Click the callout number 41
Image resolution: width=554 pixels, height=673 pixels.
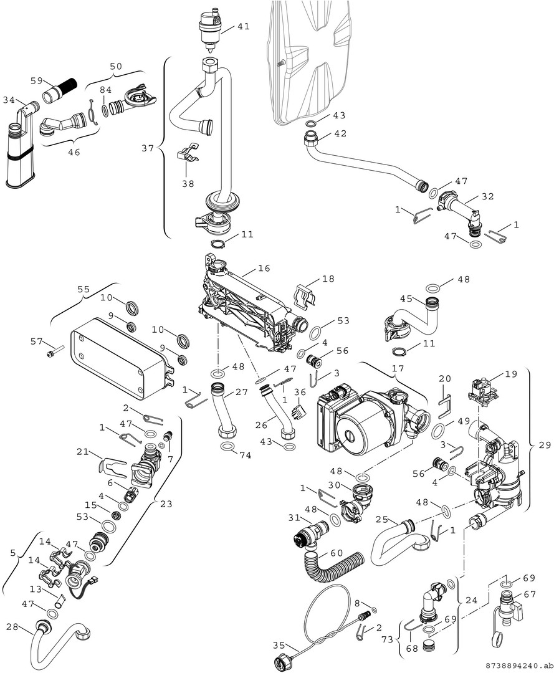243,27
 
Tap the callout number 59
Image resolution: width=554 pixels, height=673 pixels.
37,80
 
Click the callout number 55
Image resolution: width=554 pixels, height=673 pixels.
84,290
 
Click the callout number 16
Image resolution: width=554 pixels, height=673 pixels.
264,269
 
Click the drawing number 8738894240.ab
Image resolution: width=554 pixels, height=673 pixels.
516,664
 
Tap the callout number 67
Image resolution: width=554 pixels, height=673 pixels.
530,594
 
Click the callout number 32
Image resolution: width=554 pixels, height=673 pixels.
487,196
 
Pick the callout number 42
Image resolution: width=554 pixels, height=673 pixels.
340,133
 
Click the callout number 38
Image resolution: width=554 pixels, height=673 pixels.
188,184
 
